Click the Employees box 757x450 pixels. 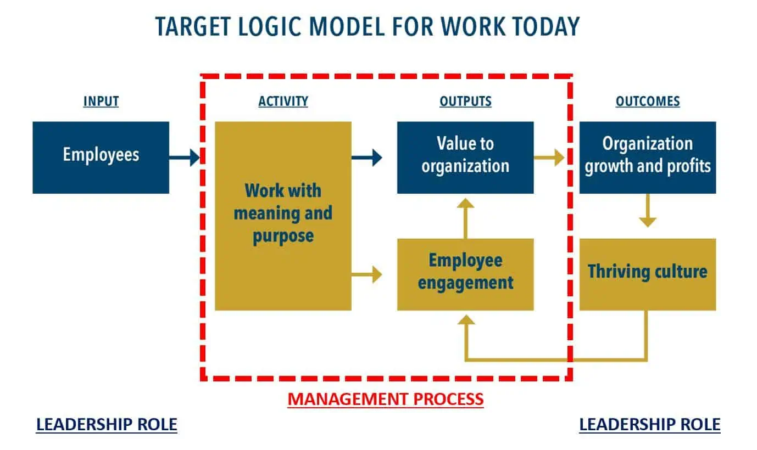tap(101, 157)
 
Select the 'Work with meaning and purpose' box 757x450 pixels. tap(283, 216)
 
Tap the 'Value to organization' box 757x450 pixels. tap(465, 157)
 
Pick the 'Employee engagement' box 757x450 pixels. tap(465, 274)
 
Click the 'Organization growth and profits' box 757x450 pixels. tap(648, 157)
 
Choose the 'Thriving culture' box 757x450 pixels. tap(648, 274)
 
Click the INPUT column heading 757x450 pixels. tap(101, 102)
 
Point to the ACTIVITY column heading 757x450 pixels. tap(283, 102)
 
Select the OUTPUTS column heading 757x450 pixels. tap(465, 102)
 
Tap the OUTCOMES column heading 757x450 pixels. tap(648, 102)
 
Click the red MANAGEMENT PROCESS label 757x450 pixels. tap(386, 399)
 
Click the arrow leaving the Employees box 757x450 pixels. tap(185, 157)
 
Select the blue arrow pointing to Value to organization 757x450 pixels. tap(366, 157)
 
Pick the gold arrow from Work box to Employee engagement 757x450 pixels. tap(366, 274)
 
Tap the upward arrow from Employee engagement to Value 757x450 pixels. tap(466, 218)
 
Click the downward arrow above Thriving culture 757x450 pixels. tap(648, 210)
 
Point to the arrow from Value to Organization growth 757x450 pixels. tap(549, 157)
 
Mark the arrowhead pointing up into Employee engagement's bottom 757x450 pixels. tap(466, 320)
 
